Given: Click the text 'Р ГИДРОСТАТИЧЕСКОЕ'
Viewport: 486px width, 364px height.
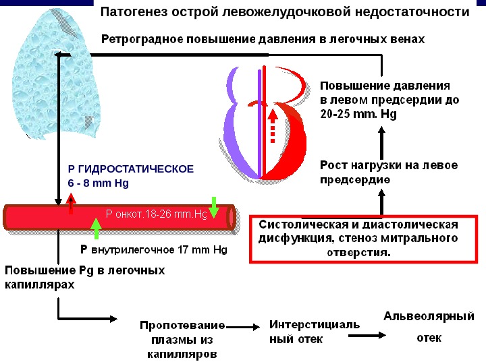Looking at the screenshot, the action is tap(131, 169).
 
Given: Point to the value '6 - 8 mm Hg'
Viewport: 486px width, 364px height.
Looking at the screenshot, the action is tap(99, 183).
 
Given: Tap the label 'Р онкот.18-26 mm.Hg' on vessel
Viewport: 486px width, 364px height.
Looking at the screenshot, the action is tap(156, 215).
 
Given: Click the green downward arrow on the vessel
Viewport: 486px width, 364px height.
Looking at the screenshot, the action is tap(214, 207).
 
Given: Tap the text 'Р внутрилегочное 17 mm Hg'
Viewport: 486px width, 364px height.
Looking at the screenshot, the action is tap(154, 250).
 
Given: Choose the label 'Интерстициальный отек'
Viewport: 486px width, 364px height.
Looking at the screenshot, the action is tap(315, 332).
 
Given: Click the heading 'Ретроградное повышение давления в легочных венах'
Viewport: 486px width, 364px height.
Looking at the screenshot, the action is tap(263, 38).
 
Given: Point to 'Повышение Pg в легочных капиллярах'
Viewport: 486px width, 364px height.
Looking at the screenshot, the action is tap(85, 277).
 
